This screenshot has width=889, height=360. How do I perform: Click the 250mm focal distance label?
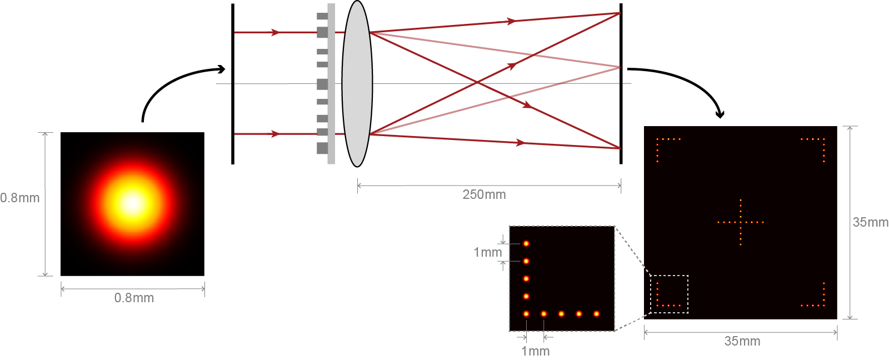tap(484, 194)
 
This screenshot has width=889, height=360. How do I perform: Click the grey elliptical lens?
tap(357, 83)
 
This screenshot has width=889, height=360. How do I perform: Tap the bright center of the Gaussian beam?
tap(132, 203)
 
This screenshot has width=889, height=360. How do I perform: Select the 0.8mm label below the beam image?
tap(134, 298)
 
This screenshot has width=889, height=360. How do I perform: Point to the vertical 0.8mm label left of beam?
tap(20, 198)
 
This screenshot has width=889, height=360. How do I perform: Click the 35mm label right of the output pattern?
tap(870, 222)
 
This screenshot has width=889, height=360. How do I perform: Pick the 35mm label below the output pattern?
tap(742, 341)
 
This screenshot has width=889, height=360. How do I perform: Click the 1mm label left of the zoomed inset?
tap(487, 252)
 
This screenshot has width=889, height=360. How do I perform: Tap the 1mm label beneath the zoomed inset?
tap(535, 351)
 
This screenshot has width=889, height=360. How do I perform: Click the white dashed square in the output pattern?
tap(670, 294)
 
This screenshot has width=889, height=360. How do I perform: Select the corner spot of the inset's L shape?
tap(526, 314)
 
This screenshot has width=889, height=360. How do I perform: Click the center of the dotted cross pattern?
tap(741, 222)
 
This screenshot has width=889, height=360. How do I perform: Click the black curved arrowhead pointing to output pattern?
tap(720, 115)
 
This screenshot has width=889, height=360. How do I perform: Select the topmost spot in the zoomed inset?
tap(526, 243)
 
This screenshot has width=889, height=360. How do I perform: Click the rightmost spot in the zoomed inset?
tap(596, 314)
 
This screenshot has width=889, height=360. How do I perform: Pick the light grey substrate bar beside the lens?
tap(331, 83)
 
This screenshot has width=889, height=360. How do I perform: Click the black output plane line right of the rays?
tap(621, 111)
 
